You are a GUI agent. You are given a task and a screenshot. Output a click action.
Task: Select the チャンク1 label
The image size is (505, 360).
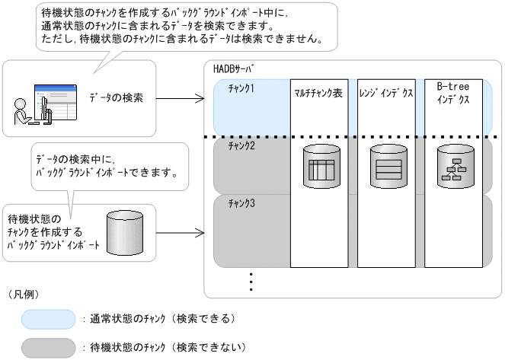[241, 89]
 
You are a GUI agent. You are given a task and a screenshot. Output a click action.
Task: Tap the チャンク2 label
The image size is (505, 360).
[241, 145]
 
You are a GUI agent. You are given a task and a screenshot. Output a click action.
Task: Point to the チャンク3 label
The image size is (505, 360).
[241, 203]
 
